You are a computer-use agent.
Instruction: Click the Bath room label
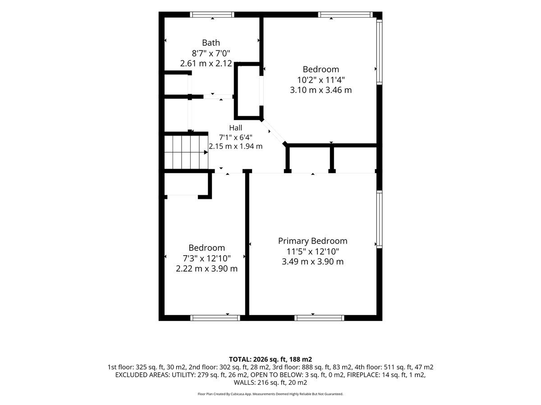pos(211,43)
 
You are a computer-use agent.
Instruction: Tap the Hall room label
pos(235,128)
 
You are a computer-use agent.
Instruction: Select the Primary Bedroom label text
pos(312,241)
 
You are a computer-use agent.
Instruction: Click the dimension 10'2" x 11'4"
pos(321,80)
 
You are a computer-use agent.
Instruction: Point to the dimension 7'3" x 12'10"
pos(206,258)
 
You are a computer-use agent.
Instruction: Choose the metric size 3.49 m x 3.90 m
pos(312,261)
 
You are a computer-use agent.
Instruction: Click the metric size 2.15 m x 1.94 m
pos(235,147)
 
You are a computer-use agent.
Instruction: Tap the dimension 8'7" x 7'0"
pos(211,53)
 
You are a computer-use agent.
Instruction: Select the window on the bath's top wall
pos(212,14)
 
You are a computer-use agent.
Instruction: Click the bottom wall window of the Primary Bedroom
pos(319,318)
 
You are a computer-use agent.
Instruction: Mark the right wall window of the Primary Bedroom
pos(379,219)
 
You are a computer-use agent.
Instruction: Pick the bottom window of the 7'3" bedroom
pos(215,318)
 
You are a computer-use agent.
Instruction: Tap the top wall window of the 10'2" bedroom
pos(345,14)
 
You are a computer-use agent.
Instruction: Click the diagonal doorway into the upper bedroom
pos(273,131)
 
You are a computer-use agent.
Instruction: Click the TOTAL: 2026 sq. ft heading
pos(270,359)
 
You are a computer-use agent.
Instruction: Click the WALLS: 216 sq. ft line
pos(270,382)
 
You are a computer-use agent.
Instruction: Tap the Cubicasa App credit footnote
pos(270,394)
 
